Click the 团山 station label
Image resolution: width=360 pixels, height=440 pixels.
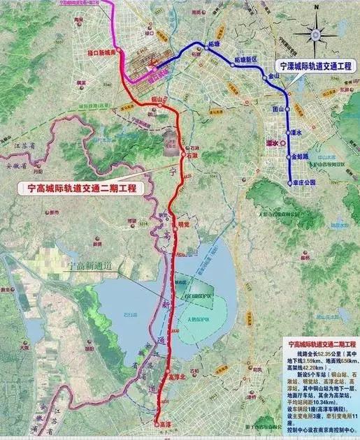(278, 108)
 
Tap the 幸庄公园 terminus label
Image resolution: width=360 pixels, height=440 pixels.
(305, 182)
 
